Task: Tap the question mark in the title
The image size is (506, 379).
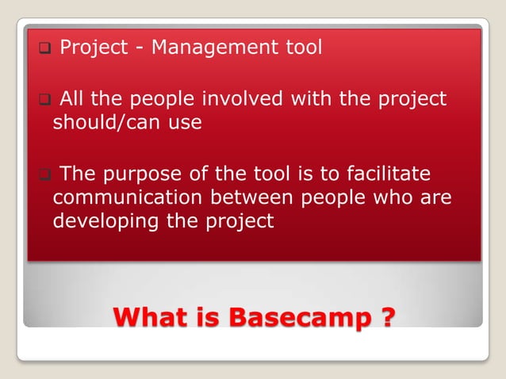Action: coord(386,318)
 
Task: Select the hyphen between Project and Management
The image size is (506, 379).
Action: coord(139,48)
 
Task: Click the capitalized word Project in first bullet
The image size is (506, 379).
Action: coord(94,48)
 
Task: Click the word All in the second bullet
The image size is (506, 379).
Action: coord(72,100)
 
